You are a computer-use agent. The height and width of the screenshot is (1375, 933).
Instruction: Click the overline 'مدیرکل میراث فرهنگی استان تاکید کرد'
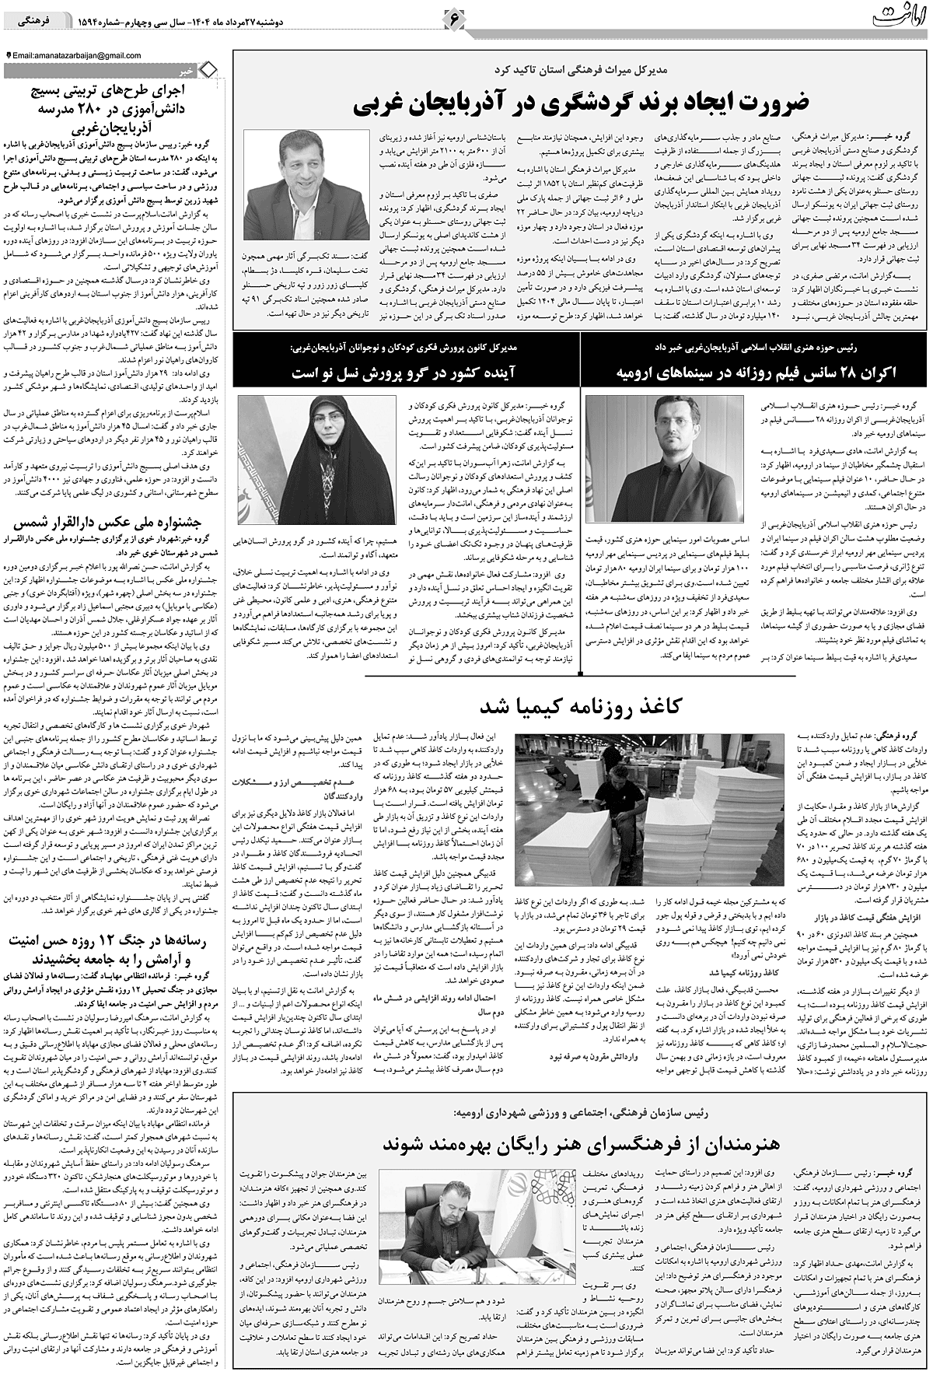[581, 69]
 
